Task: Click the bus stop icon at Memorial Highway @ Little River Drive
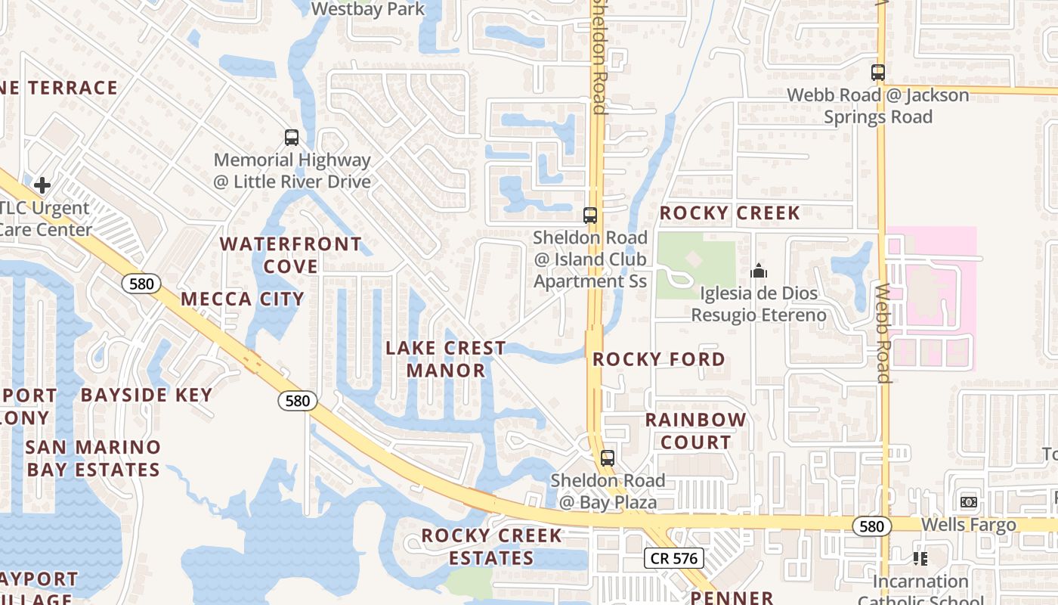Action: (x=292, y=138)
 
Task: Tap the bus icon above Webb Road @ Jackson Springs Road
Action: (x=877, y=73)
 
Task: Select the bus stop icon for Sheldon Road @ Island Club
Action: (x=590, y=216)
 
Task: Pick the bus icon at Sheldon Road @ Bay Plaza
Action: (x=608, y=458)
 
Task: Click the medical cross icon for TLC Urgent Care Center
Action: (x=42, y=185)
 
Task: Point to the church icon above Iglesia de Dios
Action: (x=758, y=271)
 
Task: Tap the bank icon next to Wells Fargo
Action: (x=968, y=502)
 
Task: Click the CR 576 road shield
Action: (x=674, y=559)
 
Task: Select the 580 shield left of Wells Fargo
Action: (x=871, y=526)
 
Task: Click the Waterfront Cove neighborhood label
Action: (x=291, y=256)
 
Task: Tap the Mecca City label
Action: (x=242, y=299)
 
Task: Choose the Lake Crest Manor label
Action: (x=446, y=359)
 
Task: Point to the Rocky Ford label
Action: (x=659, y=359)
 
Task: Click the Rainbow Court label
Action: (x=695, y=431)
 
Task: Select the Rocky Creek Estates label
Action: (x=492, y=547)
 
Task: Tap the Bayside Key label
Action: (x=147, y=395)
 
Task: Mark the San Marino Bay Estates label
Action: (x=93, y=458)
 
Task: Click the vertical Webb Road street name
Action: (x=883, y=333)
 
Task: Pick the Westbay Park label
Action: (x=369, y=9)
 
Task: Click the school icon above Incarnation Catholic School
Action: (x=920, y=559)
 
